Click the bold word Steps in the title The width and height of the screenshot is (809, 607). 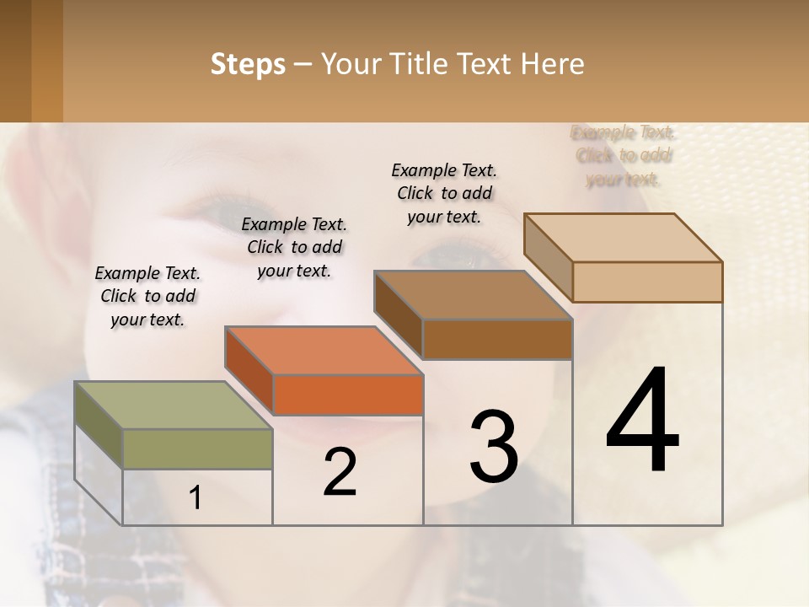pos(248,64)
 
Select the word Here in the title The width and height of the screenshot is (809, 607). pos(552,64)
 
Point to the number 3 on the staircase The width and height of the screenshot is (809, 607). pos(493,447)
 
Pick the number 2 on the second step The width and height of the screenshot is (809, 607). pos(340,472)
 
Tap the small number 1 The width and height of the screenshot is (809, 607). pos(196,498)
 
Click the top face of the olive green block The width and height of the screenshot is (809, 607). pos(173,406)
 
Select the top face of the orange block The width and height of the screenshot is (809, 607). pos(323,350)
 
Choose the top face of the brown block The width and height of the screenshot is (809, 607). pos(473,294)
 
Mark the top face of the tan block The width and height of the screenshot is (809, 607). pos(623,237)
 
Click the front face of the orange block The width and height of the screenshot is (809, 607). pos(348,395)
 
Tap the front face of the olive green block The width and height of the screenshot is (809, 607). pos(197,449)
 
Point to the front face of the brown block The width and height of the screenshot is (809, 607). pos(497,339)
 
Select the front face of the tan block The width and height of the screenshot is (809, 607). pos(647,282)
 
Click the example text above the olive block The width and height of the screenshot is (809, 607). pos(147,296)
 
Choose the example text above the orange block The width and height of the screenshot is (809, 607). pos(294,247)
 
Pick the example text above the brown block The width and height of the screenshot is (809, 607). pos(444,193)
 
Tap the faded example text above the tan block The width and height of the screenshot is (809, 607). pos(624,156)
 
